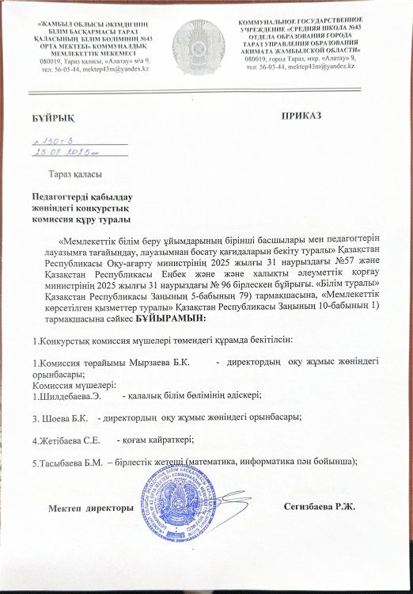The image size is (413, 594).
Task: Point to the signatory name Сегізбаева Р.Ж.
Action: [320, 507]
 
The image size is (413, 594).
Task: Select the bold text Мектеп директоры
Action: [89, 507]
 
